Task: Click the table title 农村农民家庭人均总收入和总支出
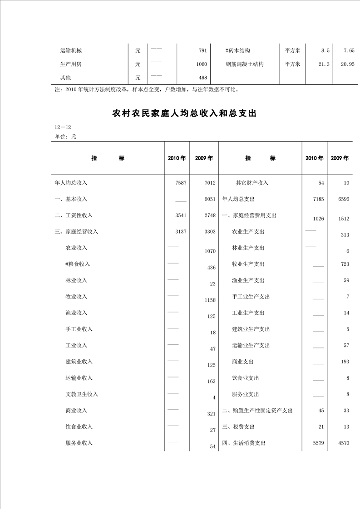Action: [184, 114]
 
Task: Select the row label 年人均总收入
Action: [71, 183]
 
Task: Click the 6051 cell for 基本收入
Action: [210, 199]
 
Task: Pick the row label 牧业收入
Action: [76, 297]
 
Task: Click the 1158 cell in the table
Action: [210, 300]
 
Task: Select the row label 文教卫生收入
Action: [82, 394]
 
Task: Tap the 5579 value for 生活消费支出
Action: [319, 443]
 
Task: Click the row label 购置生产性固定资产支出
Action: [257, 411]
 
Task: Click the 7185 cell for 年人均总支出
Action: [319, 199]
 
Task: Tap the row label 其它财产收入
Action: [252, 183]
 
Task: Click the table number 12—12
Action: [62, 127]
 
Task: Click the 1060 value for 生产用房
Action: [202, 64]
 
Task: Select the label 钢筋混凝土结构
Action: [245, 64]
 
